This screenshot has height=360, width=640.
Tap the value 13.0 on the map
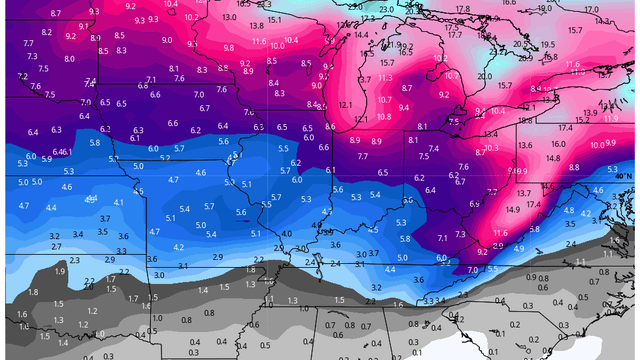(x=229, y=17)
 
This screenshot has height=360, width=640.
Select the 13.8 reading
(x=257, y=26)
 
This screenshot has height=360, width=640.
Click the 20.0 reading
(x=484, y=76)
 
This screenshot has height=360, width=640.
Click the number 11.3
(x=385, y=77)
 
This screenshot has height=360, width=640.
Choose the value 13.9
(x=590, y=112)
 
